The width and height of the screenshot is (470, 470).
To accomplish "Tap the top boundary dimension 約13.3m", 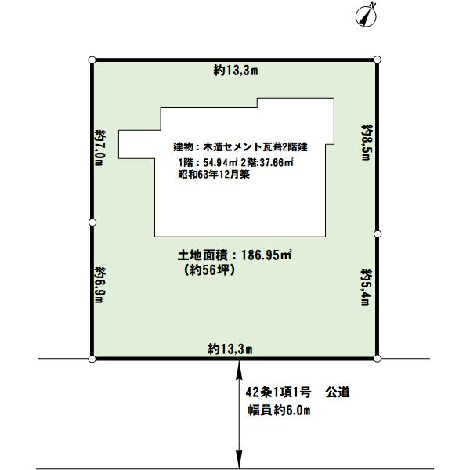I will (x=236, y=70).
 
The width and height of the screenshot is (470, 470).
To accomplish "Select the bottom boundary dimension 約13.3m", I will (x=230, y=348).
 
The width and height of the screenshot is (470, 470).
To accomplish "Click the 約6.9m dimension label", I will (x=99, y=287).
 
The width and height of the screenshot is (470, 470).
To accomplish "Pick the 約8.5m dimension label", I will (x=365, y=142).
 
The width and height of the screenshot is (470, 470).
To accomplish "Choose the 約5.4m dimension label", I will (x=365, y=287).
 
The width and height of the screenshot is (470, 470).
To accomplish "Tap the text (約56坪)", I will (x=208, y=269).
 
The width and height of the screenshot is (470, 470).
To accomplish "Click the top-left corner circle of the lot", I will (x=92, y=60).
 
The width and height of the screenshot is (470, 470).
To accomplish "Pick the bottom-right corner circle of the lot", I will (x=378, y=359).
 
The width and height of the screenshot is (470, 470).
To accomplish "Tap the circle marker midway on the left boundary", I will (x=92, y=222).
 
